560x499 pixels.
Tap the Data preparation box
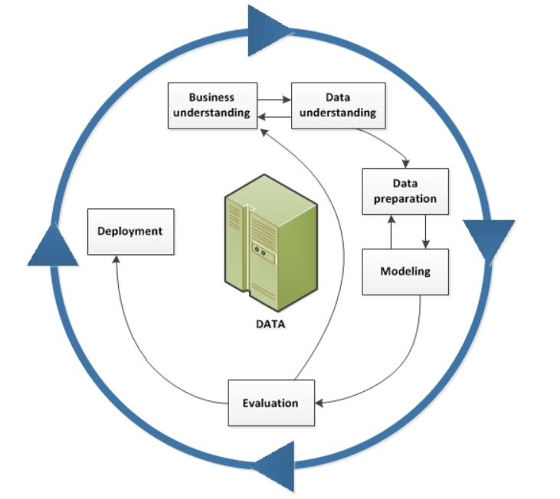pyautogui.click(x=404, y=191)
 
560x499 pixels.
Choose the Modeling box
pyautogui.click(x=404, y=271)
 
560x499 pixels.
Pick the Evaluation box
pyautogui.click(x=270, y=403)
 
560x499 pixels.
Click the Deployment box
pyautogui.click(x=130, y=230)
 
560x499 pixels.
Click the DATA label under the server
pyautogui.click(x=270, y=324)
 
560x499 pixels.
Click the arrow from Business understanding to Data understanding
pyautogui.click(x=274, y=99)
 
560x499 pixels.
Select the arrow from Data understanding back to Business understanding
pyautogui.click(x=274, y=116)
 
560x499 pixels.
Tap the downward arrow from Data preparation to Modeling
pyautogui.click(x=425, y=231)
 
